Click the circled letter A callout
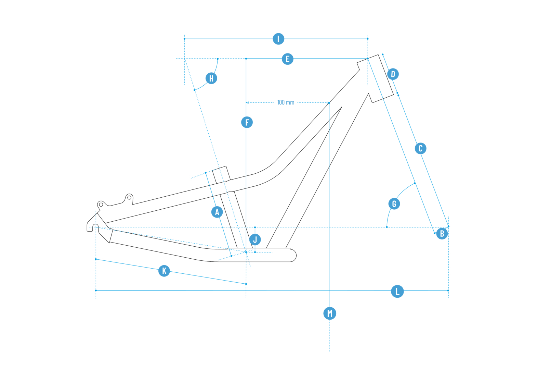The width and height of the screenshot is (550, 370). click(x=217, y=212)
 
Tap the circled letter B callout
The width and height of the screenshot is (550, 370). click(x=442, y=234)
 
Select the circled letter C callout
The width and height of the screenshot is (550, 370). click(x=420, y=148)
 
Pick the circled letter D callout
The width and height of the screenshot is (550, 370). click(x=393, y=74)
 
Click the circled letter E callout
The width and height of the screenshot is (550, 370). click(x=287, y=59)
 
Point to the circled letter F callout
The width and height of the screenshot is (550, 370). click(x=247, y=122)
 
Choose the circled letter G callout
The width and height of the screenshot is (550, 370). click(x=394, y=204)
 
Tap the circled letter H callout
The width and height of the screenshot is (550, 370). click(x=211, y=78)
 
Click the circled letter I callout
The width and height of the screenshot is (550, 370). click(x=278, y=39)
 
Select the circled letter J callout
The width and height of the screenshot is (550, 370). click(x=255, y=239)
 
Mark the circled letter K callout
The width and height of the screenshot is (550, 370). click(x=164, y=271)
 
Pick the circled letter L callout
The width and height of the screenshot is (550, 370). click(x=397, y=291)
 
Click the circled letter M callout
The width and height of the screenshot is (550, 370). click(x=330, y=313)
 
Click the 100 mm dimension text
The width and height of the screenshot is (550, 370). click(x=286, y=102)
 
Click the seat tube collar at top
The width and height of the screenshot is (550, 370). click(x=221, y=174)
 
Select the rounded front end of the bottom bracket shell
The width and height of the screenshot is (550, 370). click(x=293, y=255)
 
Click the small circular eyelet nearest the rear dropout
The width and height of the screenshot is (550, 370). click(x=101, y=205)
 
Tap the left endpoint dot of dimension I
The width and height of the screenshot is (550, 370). click(x=185, y=39)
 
